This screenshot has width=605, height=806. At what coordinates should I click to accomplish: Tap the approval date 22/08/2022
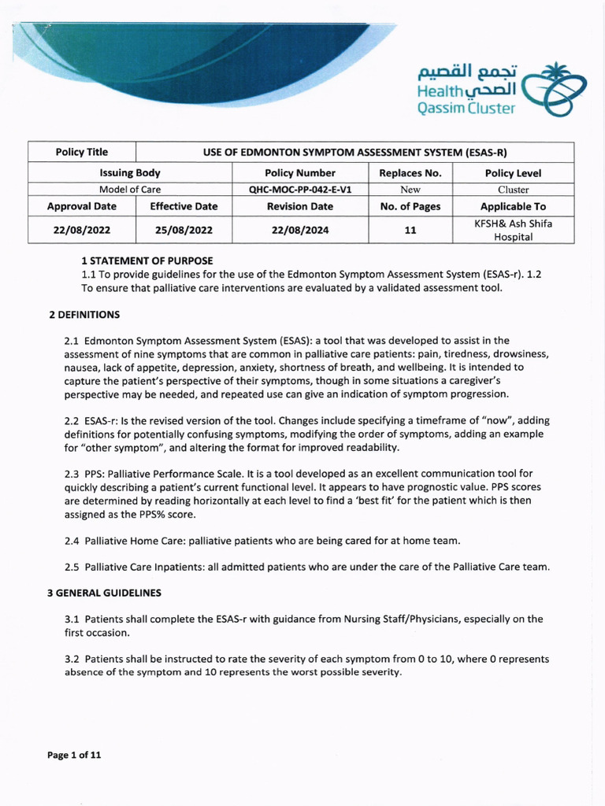82,230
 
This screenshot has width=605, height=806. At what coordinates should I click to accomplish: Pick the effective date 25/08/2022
184,230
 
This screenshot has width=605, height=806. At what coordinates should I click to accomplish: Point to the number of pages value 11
410,230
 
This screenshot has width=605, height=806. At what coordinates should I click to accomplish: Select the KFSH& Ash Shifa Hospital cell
513,230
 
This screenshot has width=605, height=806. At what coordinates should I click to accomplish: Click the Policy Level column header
513,173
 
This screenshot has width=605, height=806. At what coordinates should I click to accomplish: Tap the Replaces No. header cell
410,173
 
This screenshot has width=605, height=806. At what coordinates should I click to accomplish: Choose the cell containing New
410,190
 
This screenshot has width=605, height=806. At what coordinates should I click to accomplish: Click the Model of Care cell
130,190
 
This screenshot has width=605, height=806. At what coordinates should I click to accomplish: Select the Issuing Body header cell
130,173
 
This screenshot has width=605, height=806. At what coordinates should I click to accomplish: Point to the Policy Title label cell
82,152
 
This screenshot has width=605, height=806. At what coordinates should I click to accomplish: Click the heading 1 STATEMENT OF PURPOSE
147,261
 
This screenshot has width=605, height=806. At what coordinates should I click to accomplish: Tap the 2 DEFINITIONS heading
84,315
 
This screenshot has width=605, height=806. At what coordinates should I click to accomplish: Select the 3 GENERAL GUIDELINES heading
105,592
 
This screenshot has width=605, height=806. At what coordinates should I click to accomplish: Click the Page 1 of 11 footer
74,756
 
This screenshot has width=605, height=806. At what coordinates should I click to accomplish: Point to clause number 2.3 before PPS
72,474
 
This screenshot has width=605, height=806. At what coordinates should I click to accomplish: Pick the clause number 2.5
72,567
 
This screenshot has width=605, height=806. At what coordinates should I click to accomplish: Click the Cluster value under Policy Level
513,190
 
